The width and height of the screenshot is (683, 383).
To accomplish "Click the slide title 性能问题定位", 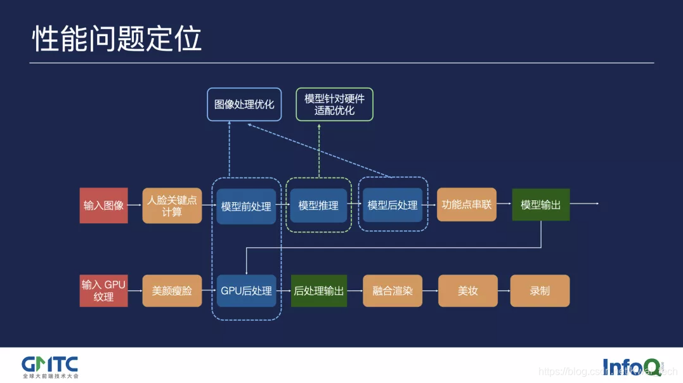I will tap(117, 39).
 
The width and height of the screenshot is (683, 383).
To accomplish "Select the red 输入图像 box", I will tap(103, 205).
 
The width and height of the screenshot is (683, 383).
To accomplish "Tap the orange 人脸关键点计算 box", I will tap(172, 205).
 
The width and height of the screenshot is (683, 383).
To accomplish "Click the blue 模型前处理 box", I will tap(246, 206).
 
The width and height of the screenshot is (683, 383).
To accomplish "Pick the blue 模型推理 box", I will tap(318, 205).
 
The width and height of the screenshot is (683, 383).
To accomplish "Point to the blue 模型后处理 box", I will tap(393, 205).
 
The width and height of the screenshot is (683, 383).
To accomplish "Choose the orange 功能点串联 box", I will tap(466, 205).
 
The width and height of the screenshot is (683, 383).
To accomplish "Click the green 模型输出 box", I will tap(540, 205).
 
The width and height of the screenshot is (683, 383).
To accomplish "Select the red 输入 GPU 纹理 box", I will tap(103, 290).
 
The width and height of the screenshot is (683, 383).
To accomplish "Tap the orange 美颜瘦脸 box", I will tap(172, 290).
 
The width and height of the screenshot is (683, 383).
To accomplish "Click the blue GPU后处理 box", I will tap(246, 290).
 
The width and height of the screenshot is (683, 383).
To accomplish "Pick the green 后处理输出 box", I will tap(318, 290).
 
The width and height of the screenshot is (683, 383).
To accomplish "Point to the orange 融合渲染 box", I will tap(393, 290).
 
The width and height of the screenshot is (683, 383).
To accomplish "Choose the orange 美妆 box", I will tap(467, 290).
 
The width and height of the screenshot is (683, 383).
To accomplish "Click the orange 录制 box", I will tap(540, 290).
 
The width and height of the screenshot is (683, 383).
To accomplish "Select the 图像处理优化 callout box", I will tap(244, 104).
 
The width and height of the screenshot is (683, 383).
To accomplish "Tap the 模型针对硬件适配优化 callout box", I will tap(334, 104).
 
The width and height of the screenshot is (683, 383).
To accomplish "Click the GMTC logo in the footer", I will tap(50, 365).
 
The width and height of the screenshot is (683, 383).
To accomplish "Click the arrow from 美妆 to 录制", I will tap(503, 290).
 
